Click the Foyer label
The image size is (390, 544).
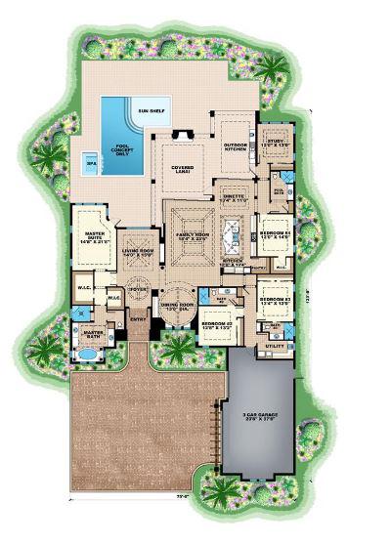coord(136,289)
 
